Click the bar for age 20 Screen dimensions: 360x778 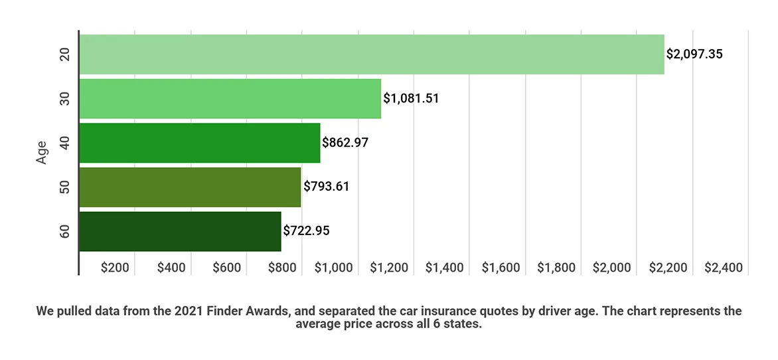tap(372, 54)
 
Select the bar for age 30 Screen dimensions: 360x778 tap(230, 98)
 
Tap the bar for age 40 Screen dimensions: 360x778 tap(199, 143)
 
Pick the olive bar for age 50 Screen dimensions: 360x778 tap(190, 187)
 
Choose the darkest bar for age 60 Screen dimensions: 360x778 tap(180, 231)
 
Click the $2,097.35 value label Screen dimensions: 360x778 tap(694, 54)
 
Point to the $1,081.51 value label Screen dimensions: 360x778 tap(412, 99)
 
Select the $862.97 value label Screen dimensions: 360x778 tap(346, 143)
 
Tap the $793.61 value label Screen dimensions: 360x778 tap(327, 187)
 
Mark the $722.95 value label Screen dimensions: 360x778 tap(307, 231)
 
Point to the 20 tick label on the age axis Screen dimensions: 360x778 tap(65, 54)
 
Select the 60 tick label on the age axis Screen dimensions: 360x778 tap(65, 231)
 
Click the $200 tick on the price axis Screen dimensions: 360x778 tap(115, 268)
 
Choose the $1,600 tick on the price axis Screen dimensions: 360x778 tap(501, 268)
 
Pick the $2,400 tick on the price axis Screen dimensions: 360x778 tap(724, 268)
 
